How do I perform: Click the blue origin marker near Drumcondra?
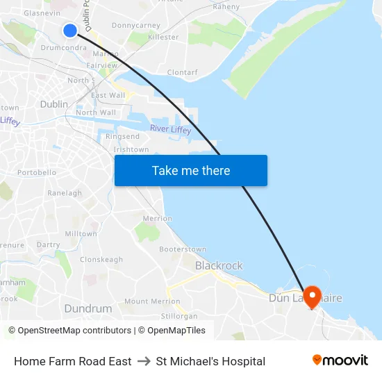pyautogui.click(x=70, y=30)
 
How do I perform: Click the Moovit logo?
pyautogui.click(x=340, y=360)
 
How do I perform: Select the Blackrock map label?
pyautogui.click(x=219, y=265)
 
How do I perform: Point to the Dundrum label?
pyautogui.click(x=88, y=308)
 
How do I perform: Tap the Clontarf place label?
pyautogui.click(x=183, y=72)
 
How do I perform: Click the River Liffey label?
pyautogui.click(x=170, y=129)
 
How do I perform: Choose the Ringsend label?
pyautogui.click(x=122, y=137)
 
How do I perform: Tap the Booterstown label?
pyautogui.click(x=183, y=249)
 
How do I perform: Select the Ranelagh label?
pyautogui.click(x=65, y=193)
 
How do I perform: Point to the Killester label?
pyautogui.click(x=163, y=37)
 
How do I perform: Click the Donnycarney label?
pyautogui.click(x=136, y=25)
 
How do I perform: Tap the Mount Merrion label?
pyautogui.click(x=152, y=301)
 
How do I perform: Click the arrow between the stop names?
pyautogui.click(x=144, y=361)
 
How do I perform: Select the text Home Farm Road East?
pyautogui.click(x=73, y=361)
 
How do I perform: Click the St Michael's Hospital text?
pyautogui.click(x=210, y=361)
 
